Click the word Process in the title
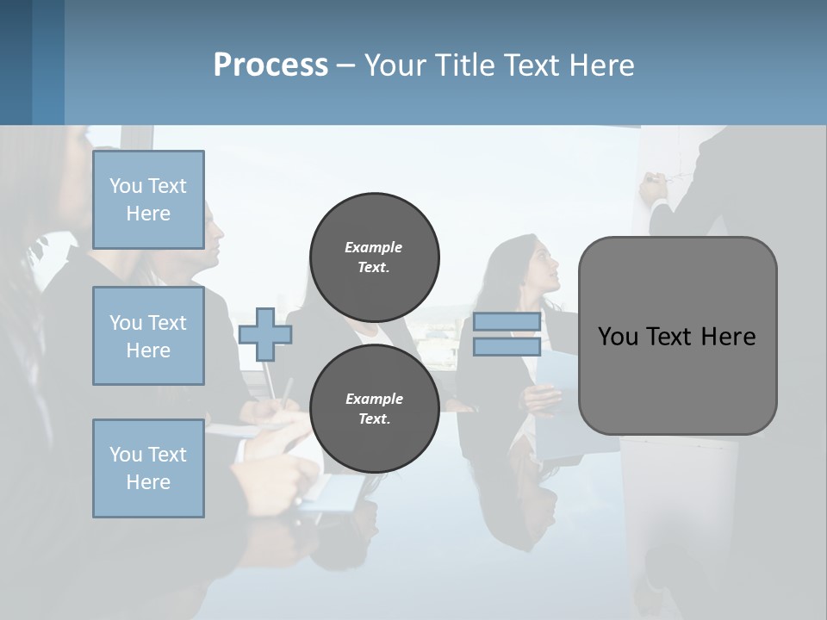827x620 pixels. pyautogui.click(x=270, y=65)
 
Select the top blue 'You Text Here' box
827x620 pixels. pyautogui.click(x=148, y=199)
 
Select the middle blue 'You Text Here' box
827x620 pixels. pyautogui.click(x=148, y=336)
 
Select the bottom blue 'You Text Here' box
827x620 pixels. pyautogui.click(x=148, y=468)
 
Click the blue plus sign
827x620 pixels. pyautogui.click(x=264, y=334)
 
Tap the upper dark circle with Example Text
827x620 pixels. pyautogui.click(x=374, y=257)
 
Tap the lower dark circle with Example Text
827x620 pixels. pyautogui.click(x=374, y=408)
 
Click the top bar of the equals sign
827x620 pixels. pyautogui.click(x=507, y=321)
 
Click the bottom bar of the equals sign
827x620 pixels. pyautogui.click(x=507, y=346)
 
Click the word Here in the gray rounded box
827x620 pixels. pyautogui.click(x=728, y=336)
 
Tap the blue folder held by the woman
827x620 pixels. pyautogui.click(x=560, y=379)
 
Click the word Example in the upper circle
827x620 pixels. pyautogui.click(x=374, y=247)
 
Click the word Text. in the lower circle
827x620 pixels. pyautogui.click(x=374, y=418)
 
